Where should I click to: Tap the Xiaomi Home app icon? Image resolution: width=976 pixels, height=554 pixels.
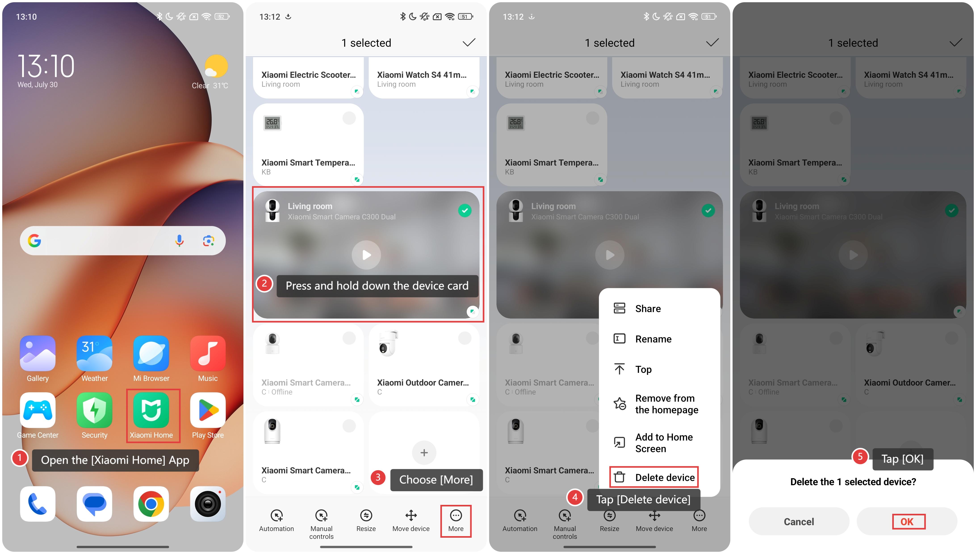(x=151, y=410)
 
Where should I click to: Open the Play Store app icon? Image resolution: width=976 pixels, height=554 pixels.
(x=208, y=410)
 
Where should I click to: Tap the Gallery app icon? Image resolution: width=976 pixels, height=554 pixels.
(x=38, y=353)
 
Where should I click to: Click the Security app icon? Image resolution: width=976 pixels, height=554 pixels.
(x=94, y=410)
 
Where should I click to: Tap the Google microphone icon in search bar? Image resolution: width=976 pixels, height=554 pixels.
(x=179, y=240)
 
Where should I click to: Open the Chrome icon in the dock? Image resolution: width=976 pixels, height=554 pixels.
(x=151, y=504)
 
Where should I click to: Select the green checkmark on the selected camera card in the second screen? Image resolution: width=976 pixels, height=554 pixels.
(x=464, y=210)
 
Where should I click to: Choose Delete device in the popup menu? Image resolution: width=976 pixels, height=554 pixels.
(x=654, y=477)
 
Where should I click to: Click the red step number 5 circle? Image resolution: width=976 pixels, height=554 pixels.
(x=860, y=457)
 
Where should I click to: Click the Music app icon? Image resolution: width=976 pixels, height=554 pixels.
(x=208, y=353)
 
